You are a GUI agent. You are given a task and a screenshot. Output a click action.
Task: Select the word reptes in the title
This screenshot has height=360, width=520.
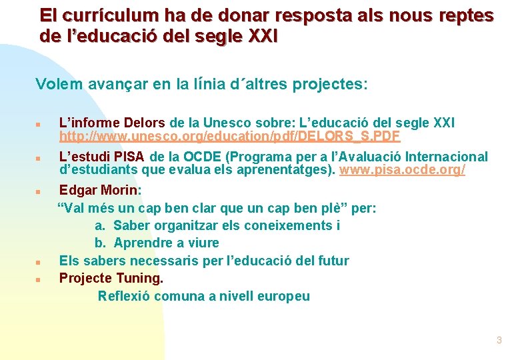point(465,15)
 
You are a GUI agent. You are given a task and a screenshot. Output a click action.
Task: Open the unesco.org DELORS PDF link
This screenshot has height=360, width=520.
point(229,137)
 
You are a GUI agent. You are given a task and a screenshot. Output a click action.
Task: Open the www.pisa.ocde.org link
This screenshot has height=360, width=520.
point(402,170)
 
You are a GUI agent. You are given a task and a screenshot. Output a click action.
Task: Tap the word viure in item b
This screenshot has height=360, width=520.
point(203,243)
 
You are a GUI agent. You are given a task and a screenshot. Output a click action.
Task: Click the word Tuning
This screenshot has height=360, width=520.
point(139,277)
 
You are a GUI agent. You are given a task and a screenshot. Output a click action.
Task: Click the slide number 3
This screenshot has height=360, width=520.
point(499,341)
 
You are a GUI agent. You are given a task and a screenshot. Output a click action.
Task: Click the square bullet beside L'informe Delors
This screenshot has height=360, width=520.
point(39,124)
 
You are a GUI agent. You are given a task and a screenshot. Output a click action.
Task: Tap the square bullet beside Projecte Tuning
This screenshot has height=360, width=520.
point(39,279)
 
